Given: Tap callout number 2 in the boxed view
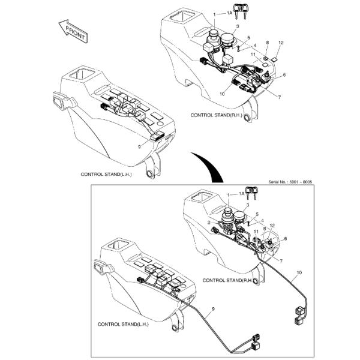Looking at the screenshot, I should [x=209, y=222].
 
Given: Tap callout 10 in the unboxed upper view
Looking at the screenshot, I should [x=222, y=93].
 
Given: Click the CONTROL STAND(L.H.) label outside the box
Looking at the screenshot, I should [x=106, y=174].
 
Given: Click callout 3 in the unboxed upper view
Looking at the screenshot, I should [x=238, y=27].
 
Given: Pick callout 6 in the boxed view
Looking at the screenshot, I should [x=285, y=239].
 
